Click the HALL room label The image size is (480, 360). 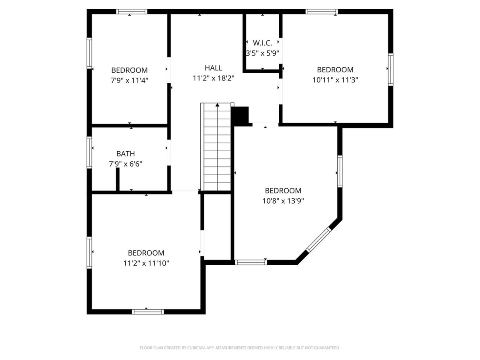click(214, 68)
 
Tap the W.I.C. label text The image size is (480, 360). click(262, 43)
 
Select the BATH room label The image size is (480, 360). click(126, 154)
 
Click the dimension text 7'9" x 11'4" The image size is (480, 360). click(130, 80)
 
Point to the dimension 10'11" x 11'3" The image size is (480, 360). click(335, 80)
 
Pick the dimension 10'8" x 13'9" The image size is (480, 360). click(283, 201)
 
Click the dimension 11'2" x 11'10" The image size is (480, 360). click(146, 263)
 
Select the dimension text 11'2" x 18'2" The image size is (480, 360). click(214, 78)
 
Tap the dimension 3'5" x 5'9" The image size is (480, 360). click(262, 53)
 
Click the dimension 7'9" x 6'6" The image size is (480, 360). click(126, 164)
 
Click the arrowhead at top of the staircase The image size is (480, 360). click(217, 105)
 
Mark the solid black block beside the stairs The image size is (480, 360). click(240, 116)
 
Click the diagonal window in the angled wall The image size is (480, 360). click(319, 240)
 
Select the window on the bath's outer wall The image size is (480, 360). click(89, 152)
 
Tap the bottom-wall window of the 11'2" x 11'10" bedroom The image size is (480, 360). click(148, 312)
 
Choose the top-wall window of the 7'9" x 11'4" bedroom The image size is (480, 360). click(132, 12)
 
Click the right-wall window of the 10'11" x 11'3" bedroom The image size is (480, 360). click(390, 70)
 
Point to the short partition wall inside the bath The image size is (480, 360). click(118, 179)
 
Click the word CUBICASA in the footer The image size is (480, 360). click(196, 348)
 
